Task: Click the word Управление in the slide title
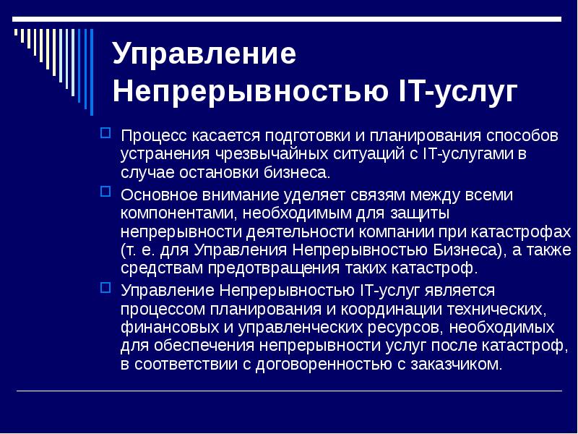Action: (204, 56)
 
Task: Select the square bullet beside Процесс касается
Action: (105, 132)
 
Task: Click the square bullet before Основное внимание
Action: (105, 192)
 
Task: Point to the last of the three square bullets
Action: (105, 287)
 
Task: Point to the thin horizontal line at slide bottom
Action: (289, 391)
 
